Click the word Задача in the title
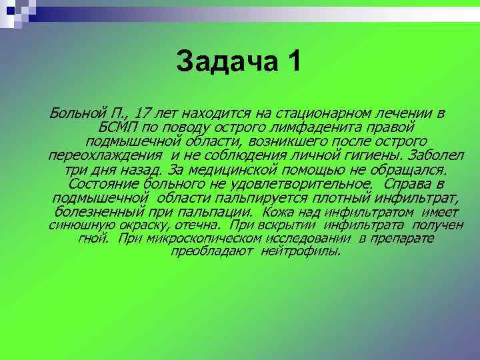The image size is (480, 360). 219,63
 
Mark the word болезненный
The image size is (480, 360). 101,212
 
